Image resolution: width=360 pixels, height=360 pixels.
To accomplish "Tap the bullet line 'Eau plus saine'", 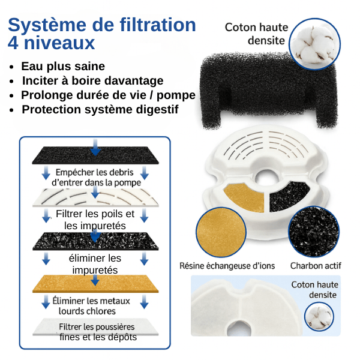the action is coord(63,67).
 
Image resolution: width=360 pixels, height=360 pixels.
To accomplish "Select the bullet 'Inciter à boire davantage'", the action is coord(93,81).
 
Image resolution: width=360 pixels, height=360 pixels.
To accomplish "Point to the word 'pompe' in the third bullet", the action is coord(176,95).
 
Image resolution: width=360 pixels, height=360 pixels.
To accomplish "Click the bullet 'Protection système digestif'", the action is coord(100,110).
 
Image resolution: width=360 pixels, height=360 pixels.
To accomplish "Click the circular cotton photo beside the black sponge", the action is coord(315,44).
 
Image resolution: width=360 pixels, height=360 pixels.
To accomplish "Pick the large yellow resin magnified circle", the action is coord(221,232).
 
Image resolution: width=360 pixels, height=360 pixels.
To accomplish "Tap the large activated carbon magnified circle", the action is coord(314,232).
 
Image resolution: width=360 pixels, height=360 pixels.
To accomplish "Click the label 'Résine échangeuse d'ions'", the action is coord(227,266).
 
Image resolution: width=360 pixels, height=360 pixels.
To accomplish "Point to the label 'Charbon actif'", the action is coord(316,266).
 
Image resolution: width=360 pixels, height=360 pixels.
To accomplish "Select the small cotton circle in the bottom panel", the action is coord(319,316).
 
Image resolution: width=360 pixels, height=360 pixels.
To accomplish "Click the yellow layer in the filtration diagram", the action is coord(95,284).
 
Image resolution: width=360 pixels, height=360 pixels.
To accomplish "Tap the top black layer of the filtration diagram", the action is coord(95,155).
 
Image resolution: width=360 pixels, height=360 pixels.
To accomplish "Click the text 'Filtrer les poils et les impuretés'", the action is coord(95,220).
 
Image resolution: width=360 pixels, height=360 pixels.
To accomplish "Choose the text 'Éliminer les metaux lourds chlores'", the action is coord(91,306).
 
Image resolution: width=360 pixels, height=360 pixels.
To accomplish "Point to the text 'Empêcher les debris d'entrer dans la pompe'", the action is coord(96,178).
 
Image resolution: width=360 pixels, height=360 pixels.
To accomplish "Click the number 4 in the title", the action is coord(13,43).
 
